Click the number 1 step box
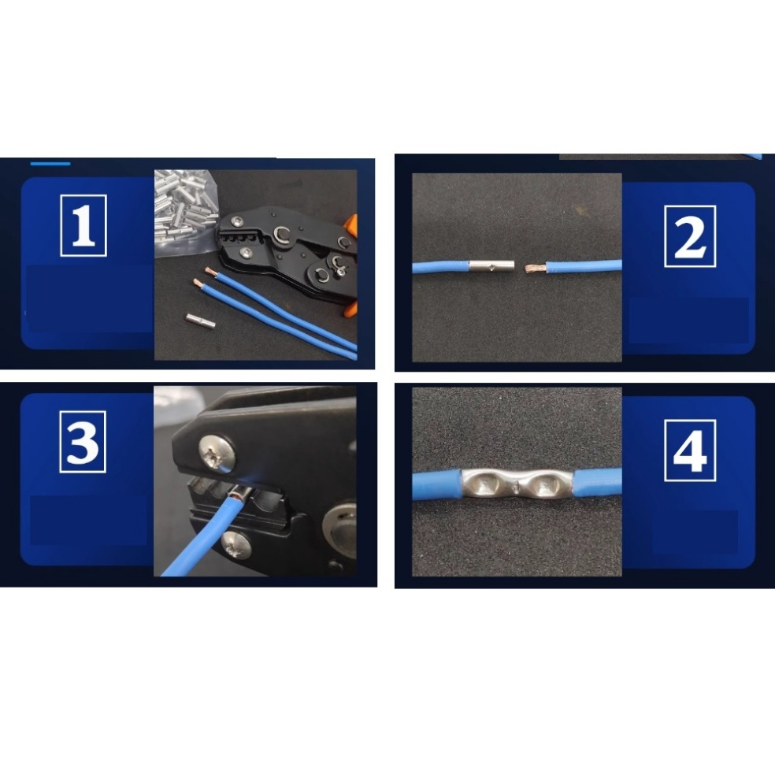tap(83, 225)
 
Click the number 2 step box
tap(690, 236)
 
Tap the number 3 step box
tap(83, 441)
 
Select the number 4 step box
tap(689, 451)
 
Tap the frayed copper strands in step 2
tap(534, 269)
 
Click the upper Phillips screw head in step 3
tap(217, 453)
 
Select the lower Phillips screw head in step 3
tap(235, 547)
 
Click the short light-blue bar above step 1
tap(50, 164)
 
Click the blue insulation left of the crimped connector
tap(437, 485)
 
